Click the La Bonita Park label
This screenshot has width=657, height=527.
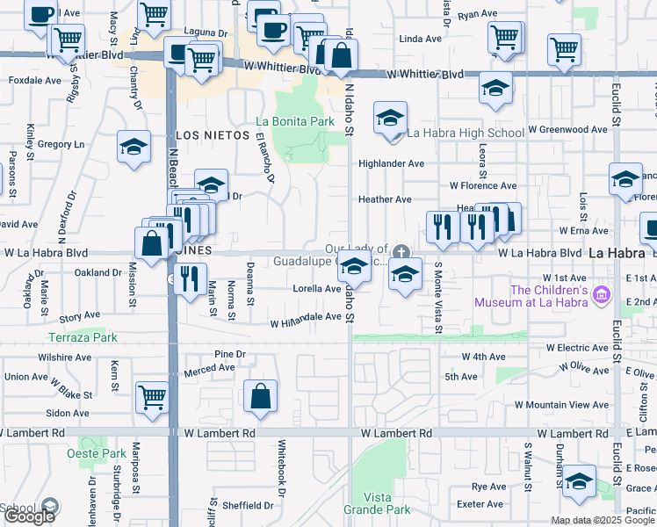[295, 120]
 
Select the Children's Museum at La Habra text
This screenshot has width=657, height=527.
[537, 296]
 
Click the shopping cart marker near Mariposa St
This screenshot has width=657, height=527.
[152, 397]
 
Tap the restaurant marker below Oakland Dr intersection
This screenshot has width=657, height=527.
[190, 278]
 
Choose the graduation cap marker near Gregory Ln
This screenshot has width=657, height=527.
[134, 146]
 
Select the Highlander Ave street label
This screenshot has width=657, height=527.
[391, 163]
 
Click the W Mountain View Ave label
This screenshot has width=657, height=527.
[561, 404]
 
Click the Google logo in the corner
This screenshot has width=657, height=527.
[29, 516]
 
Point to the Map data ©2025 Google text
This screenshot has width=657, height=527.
[603, 520]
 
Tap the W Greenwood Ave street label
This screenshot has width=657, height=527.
[567, 129]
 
